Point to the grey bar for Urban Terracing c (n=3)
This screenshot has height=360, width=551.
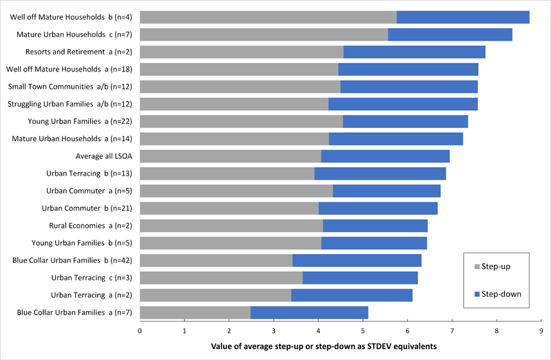coord(221,278)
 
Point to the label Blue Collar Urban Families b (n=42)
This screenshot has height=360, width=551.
coord(72,261)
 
